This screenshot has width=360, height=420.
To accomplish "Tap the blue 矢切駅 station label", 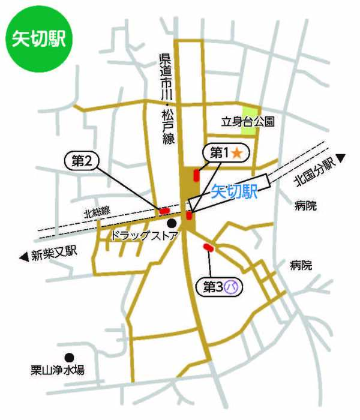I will (x=234, y=191).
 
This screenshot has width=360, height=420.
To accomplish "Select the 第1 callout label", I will (x=217, y=153).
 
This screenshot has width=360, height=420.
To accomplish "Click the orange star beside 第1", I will (x=237, y=154).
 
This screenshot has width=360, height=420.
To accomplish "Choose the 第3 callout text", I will (x=213, y=287).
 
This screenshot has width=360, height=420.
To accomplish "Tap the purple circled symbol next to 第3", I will (x=232, y=288).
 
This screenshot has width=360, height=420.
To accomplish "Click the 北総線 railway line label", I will (x=97, y=212).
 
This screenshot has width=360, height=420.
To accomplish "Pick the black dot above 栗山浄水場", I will (x=70, y=356).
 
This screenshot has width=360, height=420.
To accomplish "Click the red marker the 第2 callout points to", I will (x=163, y=210).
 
